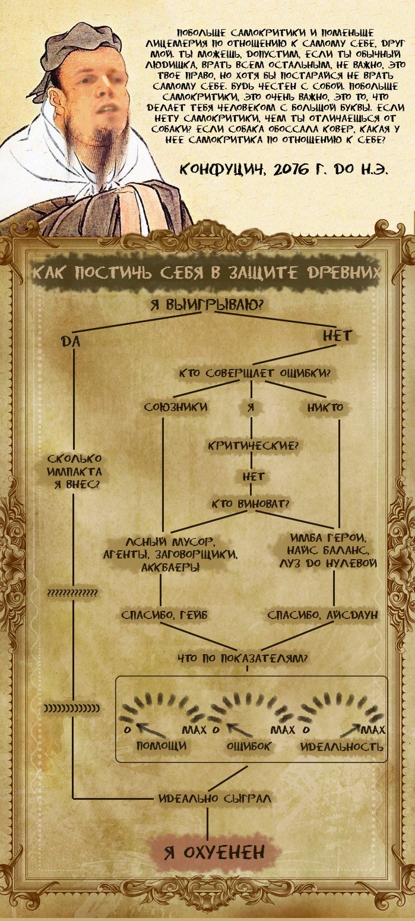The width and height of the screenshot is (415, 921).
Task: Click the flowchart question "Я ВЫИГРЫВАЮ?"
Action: [207, 305]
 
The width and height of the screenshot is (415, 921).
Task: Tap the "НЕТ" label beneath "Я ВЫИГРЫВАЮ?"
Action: [337, 336]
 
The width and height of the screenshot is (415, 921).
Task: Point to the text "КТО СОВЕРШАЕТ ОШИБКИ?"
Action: [255, 374]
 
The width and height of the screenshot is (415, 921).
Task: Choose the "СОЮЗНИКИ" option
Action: [176, 408]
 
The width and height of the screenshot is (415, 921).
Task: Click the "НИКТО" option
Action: [325, 408]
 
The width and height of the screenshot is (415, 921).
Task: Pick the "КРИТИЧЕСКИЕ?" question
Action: [252, 445]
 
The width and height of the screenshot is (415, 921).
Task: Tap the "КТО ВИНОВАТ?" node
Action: [251, 504]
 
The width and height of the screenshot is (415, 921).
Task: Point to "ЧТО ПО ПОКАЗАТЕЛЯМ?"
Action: [246, 658]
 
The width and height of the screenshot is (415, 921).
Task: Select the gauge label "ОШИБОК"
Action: [249, 746]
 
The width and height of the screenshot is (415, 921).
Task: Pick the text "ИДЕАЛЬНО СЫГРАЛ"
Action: [215, 799]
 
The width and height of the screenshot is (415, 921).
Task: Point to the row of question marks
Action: [72, 594]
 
